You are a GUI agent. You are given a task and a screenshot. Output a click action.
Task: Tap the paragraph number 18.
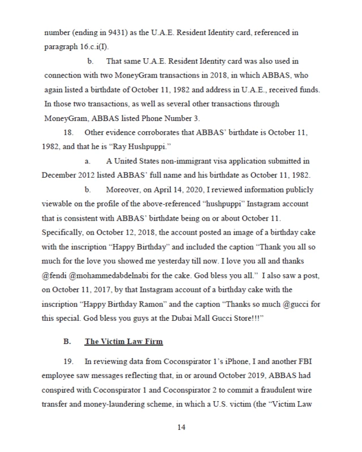(x=72, y=133)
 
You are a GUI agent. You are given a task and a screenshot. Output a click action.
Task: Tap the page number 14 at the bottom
(x=181, y=427)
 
